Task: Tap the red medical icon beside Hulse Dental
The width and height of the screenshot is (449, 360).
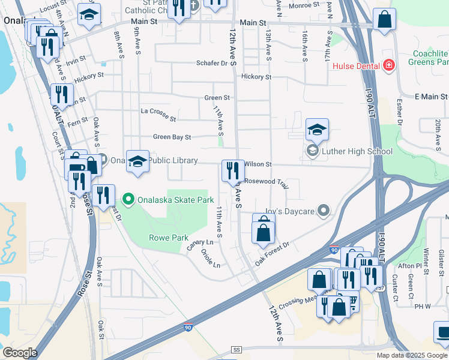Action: click(x=388, y=65)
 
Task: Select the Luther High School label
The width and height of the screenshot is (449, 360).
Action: click(x=358, y=151)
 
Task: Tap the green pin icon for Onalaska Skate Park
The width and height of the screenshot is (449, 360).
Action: click(x=127, y=199)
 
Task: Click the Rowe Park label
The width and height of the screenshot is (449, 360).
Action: click(x=169, y=238)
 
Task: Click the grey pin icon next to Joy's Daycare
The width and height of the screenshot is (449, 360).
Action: click(x=324, y=211)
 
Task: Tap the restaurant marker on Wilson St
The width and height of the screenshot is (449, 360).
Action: click(x=232, y=171)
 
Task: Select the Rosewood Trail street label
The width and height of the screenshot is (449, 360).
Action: click(x=267, y=182)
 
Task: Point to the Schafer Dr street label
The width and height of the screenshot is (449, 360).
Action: click(x=214, y=63)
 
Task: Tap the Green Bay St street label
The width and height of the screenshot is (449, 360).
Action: click(x=171, y=137)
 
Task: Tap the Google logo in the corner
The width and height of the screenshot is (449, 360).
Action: click(x=19, y=352)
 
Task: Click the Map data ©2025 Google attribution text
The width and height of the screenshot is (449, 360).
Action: click(x=411, y=355)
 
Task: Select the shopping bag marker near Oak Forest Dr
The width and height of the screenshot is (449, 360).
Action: click(x=264, y=233)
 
